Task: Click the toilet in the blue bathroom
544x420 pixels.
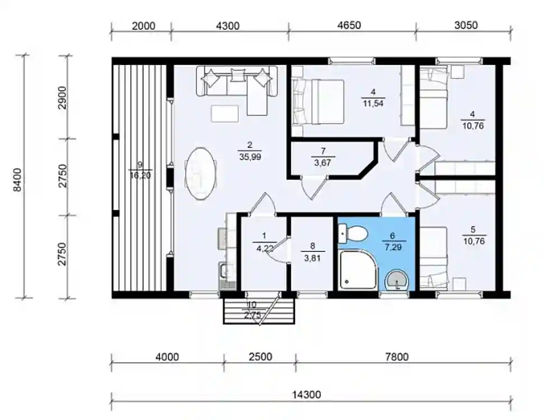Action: point(353,234)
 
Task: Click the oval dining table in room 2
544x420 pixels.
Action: point(200,174)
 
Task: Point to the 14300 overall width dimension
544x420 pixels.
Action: point(306,395)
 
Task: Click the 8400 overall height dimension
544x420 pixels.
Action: point(17,179)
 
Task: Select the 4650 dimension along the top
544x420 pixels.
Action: point(349,25)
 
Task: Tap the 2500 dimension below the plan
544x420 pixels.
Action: point(260,357)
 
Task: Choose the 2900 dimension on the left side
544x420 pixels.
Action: point(62,97)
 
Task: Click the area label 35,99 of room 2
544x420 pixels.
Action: point(250,157)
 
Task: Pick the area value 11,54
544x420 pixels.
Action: point(373,103)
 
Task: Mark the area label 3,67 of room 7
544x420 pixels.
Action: point(323,162)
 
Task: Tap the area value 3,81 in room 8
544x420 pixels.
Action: point(312,258)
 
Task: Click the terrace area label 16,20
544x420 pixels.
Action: point(140,175)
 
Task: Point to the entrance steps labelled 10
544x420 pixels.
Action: point(259,311)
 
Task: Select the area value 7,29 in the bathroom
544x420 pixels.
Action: point(392,247)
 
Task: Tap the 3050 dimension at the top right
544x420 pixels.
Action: point(466,25)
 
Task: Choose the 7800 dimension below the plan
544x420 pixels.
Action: point(397,357)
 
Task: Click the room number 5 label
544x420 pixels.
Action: point(473,230)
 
